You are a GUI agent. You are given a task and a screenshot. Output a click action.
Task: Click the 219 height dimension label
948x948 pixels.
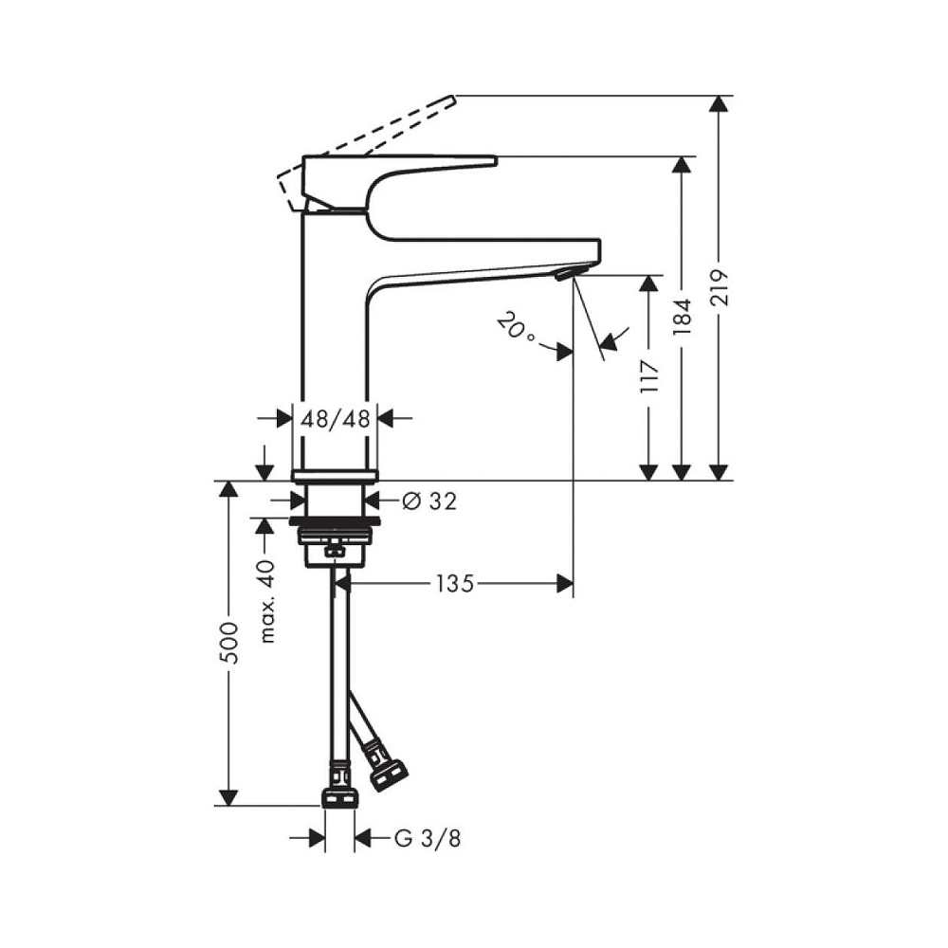pos(720,287)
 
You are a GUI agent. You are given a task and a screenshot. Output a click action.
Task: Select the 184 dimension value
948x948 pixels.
pos(682,317)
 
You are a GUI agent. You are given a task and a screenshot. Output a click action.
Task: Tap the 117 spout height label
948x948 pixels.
pos(649,375)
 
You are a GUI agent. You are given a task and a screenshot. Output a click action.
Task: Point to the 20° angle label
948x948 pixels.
pos(515,327)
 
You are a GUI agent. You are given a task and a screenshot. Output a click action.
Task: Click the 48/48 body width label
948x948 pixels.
pos(335,418)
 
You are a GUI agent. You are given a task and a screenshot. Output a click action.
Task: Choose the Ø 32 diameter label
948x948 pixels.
pos(429,501)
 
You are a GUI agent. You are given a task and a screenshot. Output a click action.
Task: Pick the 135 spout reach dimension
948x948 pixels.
pos(455,583)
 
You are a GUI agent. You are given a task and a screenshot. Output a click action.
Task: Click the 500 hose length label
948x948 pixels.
pos(229,642)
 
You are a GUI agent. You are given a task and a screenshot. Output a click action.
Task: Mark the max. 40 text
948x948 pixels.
pos(266,602)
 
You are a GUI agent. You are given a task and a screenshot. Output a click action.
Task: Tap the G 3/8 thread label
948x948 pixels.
pos(428,839)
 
